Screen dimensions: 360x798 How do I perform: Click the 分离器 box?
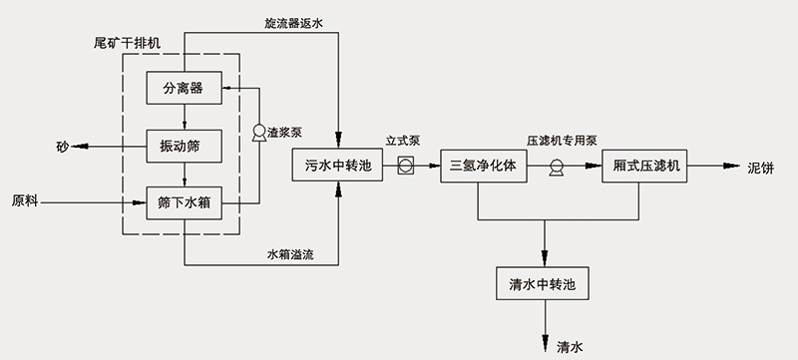click(x=184, y=88)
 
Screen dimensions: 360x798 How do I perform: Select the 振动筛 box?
click(x=184, y=146)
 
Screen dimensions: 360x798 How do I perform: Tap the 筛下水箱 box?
click(x=184, y=202)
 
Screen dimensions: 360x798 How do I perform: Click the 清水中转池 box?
click(x=544, y=284)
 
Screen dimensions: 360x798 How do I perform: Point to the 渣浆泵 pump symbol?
click(x=259, y=132)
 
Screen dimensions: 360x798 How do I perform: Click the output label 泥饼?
click(x=761, y=167)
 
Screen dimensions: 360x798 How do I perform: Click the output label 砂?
click(x=62, y=147)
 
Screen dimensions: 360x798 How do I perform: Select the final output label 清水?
click(x=570, y=346)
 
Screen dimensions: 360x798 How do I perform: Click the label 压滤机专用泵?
click(x=562, y=143)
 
